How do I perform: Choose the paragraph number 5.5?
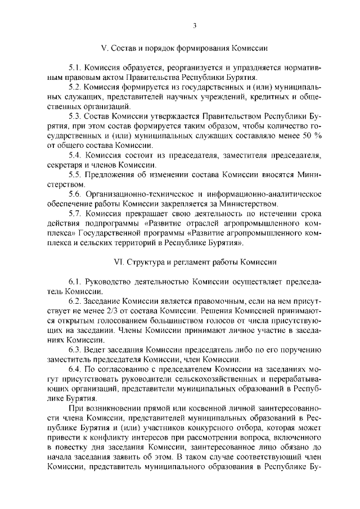coord(75,175)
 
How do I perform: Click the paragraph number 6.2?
coord(75,301)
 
